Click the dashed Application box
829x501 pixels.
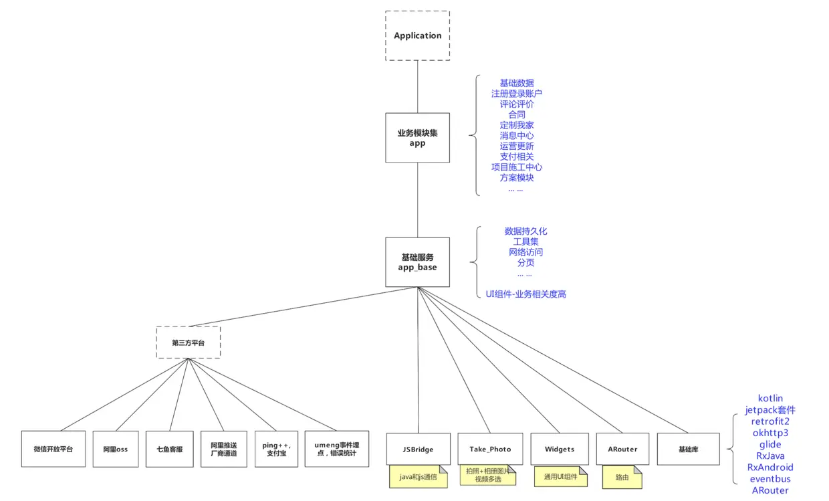[x=417, y=36]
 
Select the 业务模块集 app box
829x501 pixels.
[x=417, y=138]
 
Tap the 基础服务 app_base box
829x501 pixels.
[x=417, y=262]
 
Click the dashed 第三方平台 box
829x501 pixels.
[x=188, y=342]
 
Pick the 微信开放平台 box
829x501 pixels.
[x=53, y=449]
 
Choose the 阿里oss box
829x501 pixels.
[x=115, y=449]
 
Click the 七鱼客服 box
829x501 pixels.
[x=170, y=449]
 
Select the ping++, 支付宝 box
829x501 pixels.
[x=276, y=449]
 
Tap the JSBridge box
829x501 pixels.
[x=418, y=449]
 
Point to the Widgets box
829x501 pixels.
[x=560, y=449]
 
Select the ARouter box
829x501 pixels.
[x=622, y=449]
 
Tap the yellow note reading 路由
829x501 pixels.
[x=621, y=477]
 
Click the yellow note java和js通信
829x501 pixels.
[x=418, y=477]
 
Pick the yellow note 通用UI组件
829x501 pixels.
[x=560, y=476]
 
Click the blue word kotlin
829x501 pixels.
[x=770, y=398]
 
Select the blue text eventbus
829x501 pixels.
[x=770, y=479]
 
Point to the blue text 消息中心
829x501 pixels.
[x=516, y=136]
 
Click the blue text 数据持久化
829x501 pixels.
[x=525, y=231]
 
